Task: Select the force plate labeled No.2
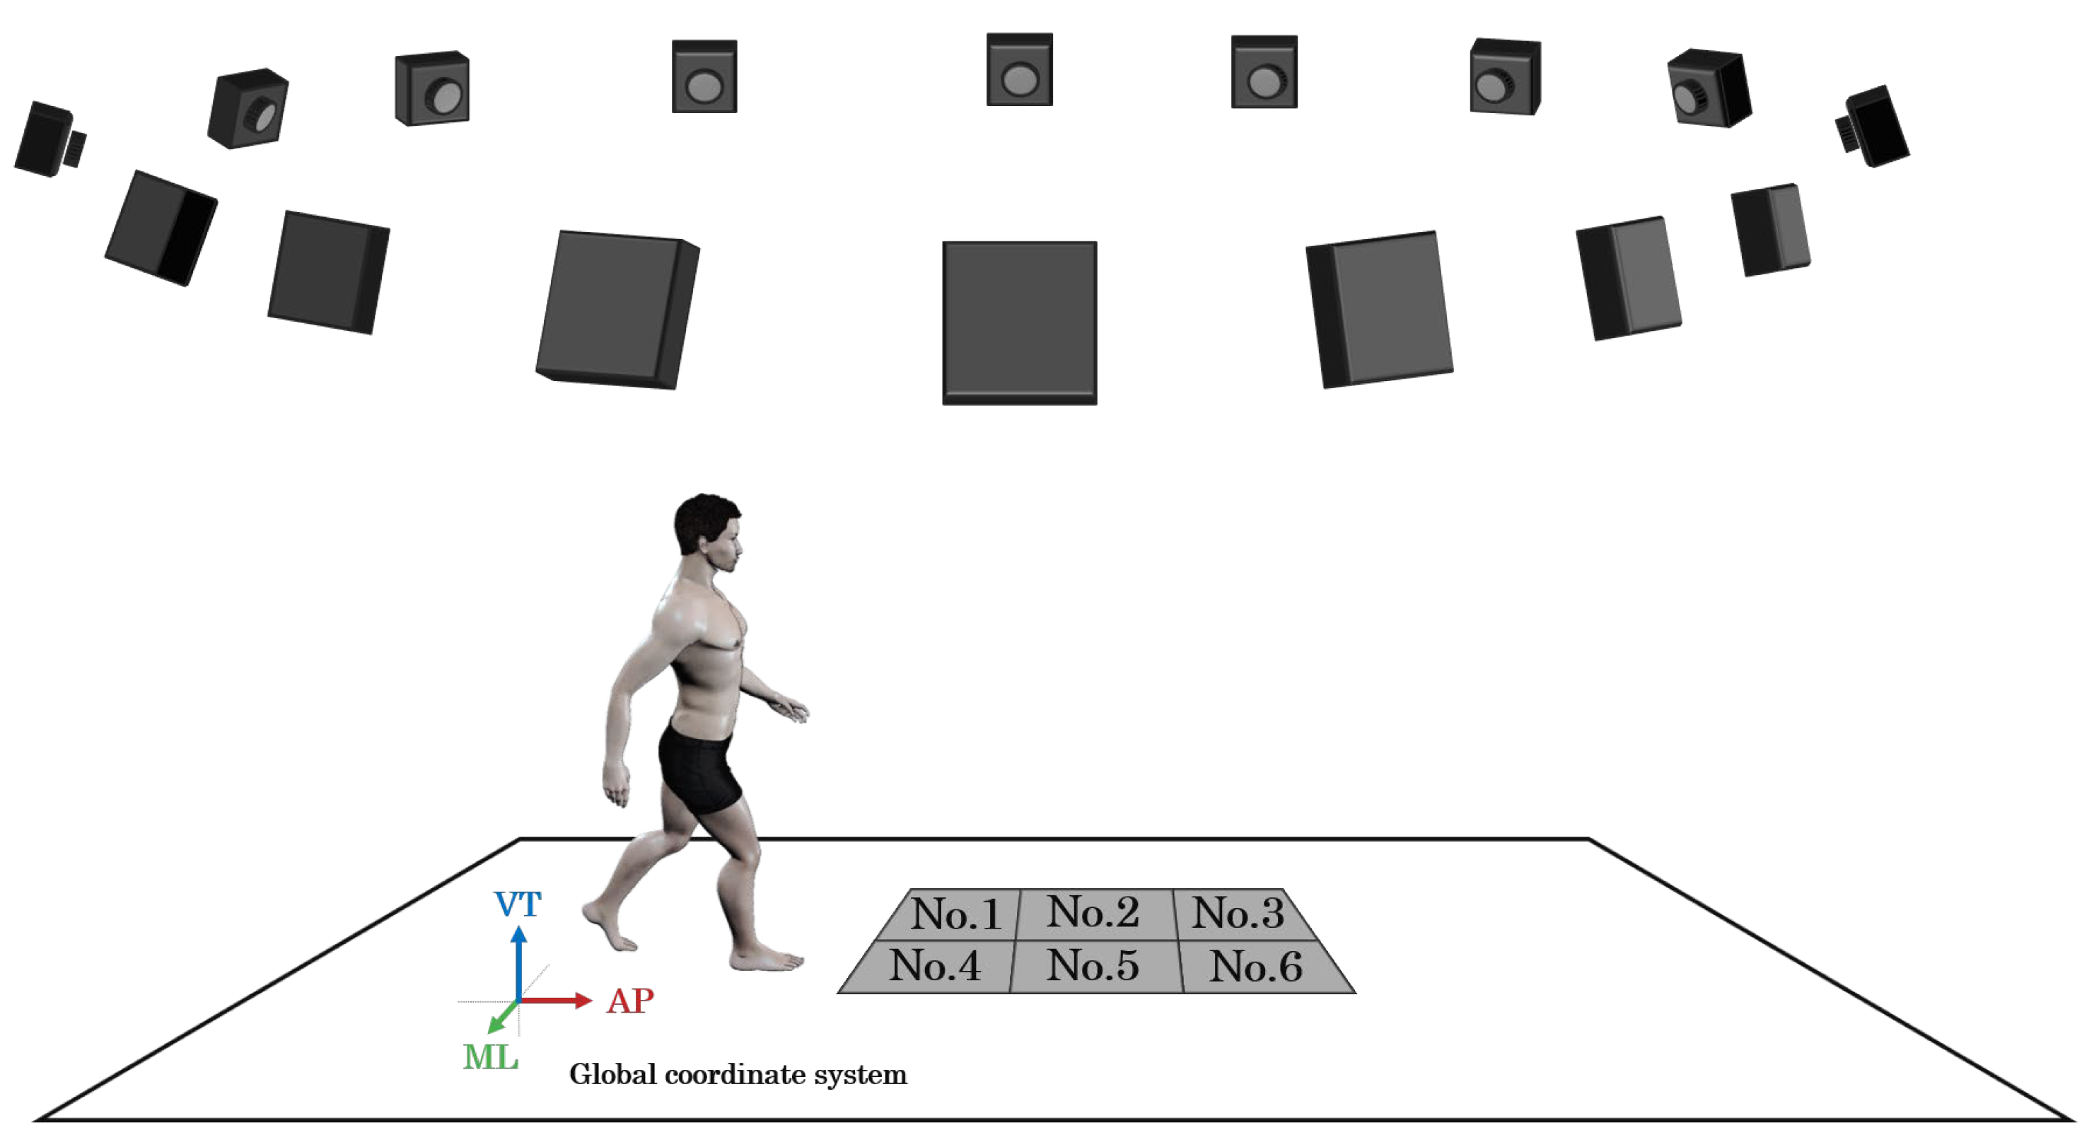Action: (1093, 912)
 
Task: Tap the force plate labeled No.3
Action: (1237, 913)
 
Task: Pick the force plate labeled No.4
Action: (934, 966)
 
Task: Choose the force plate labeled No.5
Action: (1093, 966)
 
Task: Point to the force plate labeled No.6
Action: (1256, 967)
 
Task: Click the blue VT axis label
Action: (518, 904)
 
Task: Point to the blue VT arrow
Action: (518, 963)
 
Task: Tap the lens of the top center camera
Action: (1019, 80)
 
